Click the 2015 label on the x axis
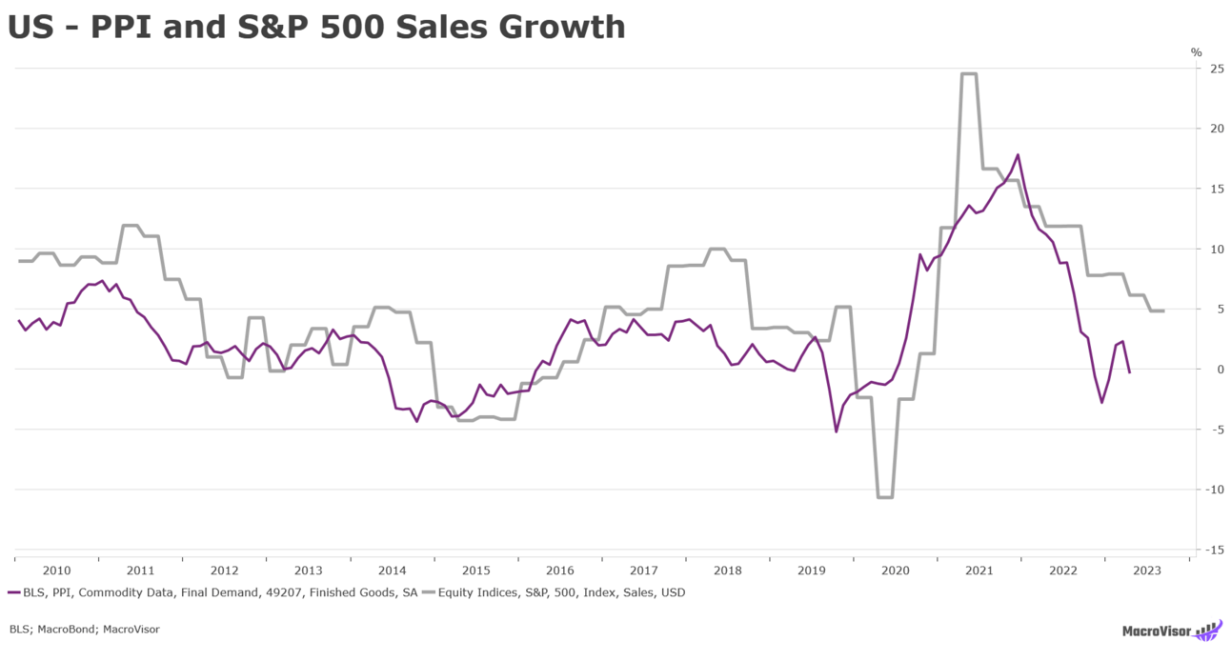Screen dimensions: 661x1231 pos(476,571)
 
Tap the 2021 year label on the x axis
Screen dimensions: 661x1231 pos(979,571)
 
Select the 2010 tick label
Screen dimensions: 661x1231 pos(56,571)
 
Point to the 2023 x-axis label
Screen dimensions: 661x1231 pos(1147,571)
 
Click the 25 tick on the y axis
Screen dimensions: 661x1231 pos(1217,69)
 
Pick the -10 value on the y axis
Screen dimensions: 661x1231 pos(1215,490)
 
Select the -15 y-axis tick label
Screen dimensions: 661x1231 pos(1215,550)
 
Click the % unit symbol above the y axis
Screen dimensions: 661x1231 pos(1197,52)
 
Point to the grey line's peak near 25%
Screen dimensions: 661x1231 pos(969,73)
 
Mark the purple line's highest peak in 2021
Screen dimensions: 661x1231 pos(1018,154)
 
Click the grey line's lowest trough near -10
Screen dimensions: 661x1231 pos(884,497)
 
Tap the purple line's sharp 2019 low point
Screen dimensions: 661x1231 pos(836,431)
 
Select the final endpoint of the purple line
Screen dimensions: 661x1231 pos(1129,372)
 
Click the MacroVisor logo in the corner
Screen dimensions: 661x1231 pos(1171,631)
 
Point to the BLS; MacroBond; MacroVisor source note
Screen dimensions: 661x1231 pos(85,629)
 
